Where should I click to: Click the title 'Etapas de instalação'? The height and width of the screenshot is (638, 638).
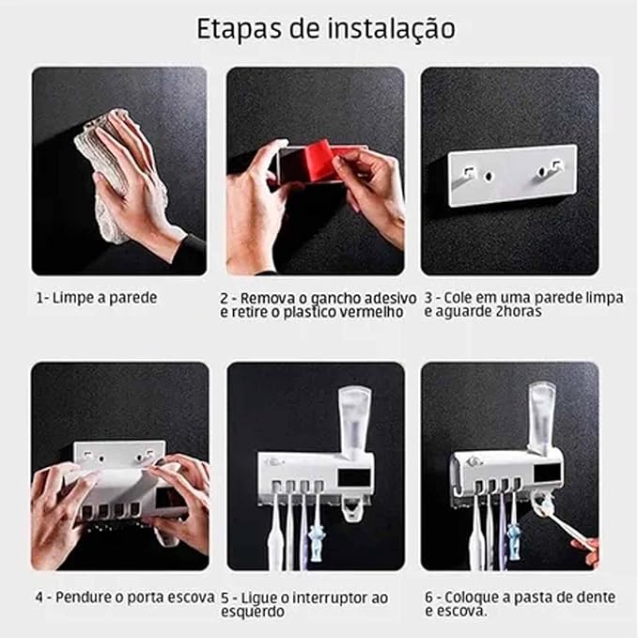point(325,28)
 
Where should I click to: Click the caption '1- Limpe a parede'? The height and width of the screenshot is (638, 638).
point(97,297)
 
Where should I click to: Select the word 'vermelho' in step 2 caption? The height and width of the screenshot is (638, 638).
point(368,312)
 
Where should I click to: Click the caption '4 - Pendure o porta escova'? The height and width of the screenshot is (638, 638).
point(122,597)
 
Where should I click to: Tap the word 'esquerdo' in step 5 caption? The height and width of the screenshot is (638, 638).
point(253,611)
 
